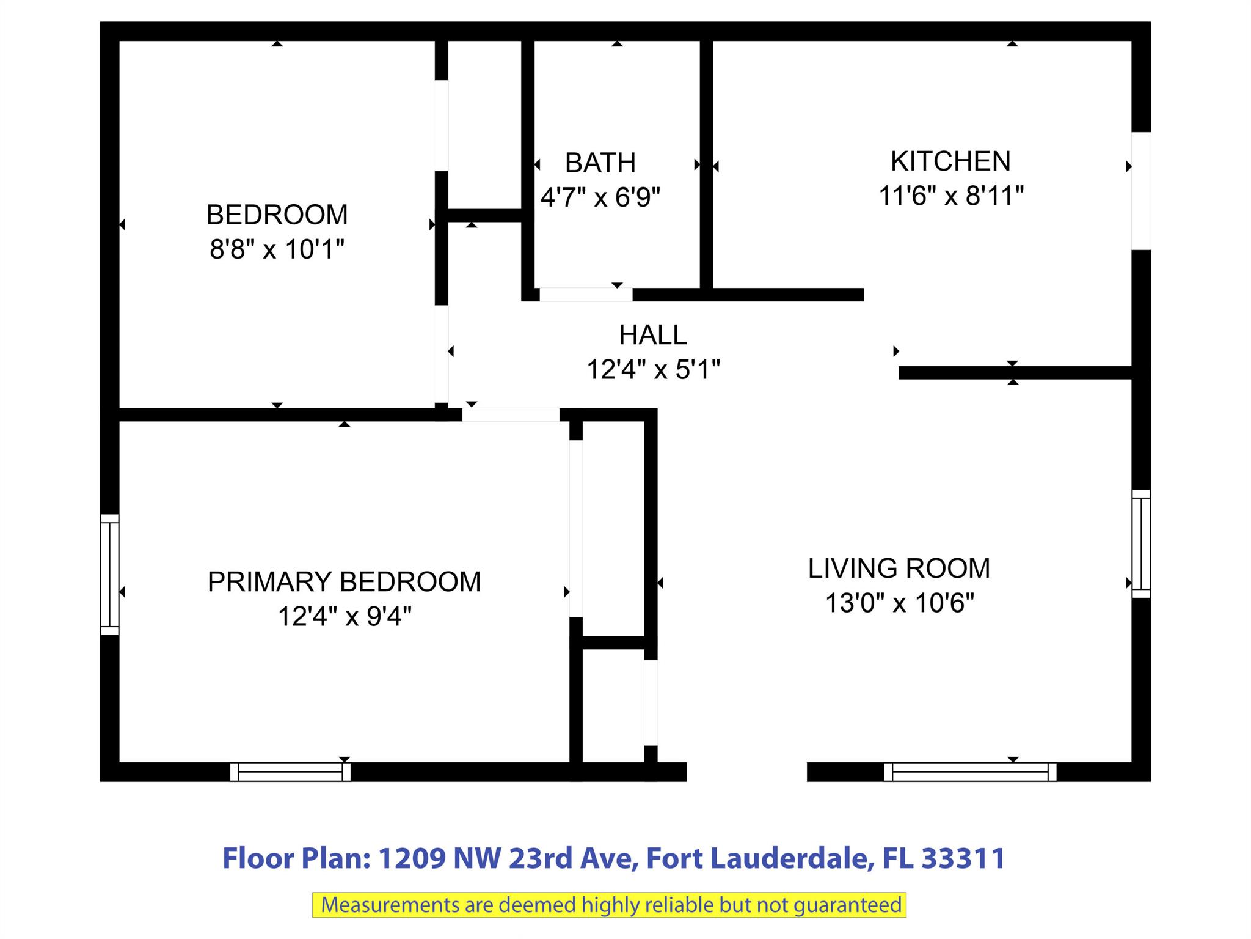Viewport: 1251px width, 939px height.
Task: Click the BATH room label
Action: tap(600, 163)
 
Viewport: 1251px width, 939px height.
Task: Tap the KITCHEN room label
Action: tap(950, 161)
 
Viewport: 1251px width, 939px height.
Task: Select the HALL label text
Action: tap(653, 335)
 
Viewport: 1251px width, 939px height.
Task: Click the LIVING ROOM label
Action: tap(899, 569)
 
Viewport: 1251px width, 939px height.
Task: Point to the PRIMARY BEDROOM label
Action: tap(345, 582)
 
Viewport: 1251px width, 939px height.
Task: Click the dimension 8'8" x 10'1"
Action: tap(277, 249)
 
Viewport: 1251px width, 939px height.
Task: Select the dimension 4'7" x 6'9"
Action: tap(600, 197)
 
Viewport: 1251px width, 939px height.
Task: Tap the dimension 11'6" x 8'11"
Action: tap(951, 196)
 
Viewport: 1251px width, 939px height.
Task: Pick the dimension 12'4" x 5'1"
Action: tap(654, 370)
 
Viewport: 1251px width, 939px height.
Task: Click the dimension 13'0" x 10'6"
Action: tap(899, 603)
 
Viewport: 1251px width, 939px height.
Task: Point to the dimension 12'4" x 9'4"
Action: tap(345, 616)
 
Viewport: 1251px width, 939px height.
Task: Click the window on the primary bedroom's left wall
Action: tap(109, 575)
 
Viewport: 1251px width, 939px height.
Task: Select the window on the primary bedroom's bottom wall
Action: tap(290, 771)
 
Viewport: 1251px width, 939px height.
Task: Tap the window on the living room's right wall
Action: tap(1141, 543)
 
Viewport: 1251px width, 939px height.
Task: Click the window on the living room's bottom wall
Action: tap(970, 771)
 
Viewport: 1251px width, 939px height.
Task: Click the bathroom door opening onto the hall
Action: tap(586, 295)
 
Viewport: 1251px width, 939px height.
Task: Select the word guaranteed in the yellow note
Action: tap(848, 905)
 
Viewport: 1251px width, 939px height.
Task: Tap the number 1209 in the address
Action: tap(412, 858)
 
